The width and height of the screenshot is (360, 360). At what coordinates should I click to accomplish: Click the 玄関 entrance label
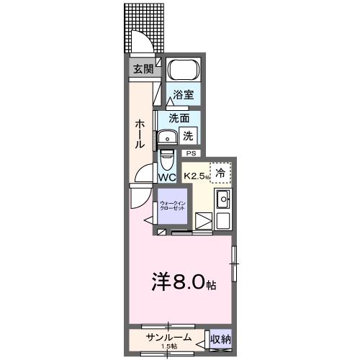click(x=143, y=69)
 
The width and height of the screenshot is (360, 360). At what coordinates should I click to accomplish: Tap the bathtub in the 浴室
click(x=183, y=73)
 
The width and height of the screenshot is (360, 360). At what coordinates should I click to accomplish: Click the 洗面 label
click(x=179, y=118)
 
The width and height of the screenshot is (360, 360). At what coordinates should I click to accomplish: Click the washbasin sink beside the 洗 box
click(x=168, y=137)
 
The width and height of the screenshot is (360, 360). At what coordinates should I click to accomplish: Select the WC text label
click(x=166, y=177)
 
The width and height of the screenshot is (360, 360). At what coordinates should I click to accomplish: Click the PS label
click(x=191, y=153)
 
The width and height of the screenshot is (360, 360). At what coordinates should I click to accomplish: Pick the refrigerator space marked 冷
click(x=221, y=172)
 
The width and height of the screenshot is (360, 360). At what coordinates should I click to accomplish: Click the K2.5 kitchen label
click(x=195, y=176)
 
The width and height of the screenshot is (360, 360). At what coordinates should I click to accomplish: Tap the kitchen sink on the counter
click(x=222, y=199)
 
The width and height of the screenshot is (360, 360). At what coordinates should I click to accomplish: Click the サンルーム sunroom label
click(x=168, y=337)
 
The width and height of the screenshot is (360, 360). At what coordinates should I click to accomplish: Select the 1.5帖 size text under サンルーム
click(x=168, y=347)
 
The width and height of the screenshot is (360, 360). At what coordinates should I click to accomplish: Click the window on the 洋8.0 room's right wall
click(x=233, y=264)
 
